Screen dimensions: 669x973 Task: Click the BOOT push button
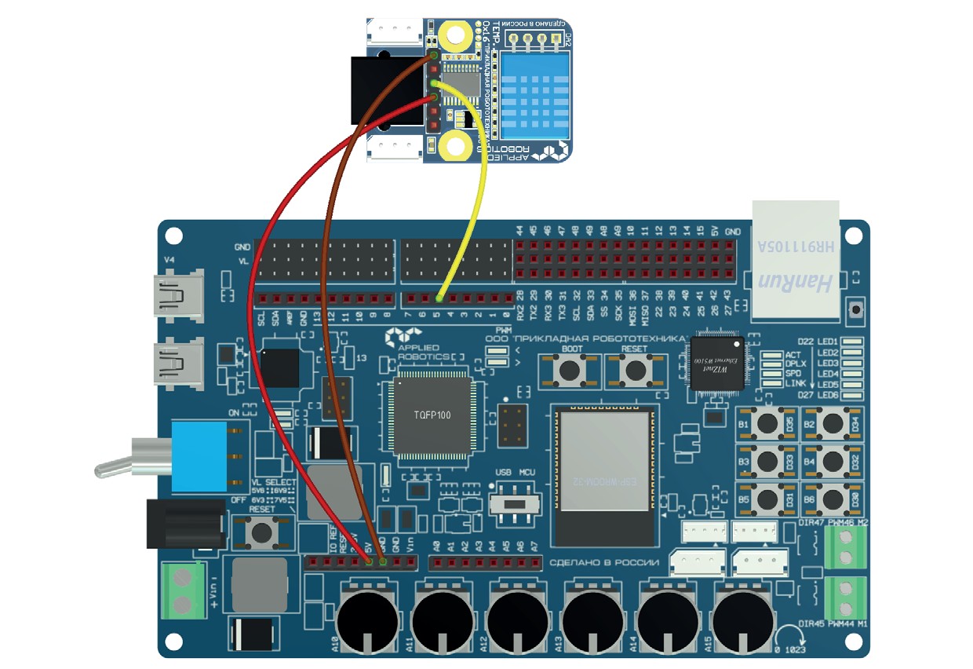[x=570, y=369]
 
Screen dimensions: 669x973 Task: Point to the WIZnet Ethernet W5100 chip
[x=716, y=363]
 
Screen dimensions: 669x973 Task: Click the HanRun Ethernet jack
[x=796, y=259]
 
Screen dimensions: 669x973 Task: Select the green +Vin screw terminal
[x=182, y=590]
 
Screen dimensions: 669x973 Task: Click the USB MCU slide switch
[x=515, y=501]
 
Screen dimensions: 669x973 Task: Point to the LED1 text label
[x=828, y=342]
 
